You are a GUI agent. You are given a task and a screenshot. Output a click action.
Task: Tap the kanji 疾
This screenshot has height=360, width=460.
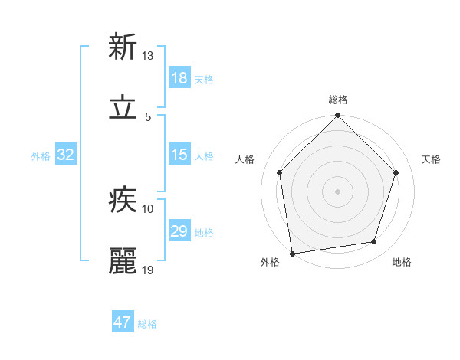[x=123, y=200]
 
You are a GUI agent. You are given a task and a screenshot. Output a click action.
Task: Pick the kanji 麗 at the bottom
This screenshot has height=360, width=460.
[x=123, y=261]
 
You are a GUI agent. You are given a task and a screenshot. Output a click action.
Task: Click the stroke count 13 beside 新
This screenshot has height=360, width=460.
[x=148, y=56]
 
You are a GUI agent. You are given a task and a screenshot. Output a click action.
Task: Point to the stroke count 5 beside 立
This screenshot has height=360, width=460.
[x=148, y=117]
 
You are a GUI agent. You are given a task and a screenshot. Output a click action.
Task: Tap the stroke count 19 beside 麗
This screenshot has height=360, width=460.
[x=148, y=270]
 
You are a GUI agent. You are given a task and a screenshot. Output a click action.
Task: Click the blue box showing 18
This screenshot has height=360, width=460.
[x=179, y=78]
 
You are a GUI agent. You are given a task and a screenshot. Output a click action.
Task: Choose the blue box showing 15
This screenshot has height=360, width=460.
[x=179, y=155]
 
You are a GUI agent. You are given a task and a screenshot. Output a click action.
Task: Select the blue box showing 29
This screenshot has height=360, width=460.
[x=179, y=231]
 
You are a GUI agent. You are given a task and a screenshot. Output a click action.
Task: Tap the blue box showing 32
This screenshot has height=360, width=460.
[x=66, y=155]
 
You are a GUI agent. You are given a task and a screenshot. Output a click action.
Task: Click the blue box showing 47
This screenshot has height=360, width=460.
[x=123, y=322]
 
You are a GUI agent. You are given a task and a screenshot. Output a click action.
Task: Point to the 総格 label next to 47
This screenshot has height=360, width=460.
[x=147, y=324]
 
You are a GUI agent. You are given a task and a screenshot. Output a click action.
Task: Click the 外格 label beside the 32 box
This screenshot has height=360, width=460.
[x=41, y=156]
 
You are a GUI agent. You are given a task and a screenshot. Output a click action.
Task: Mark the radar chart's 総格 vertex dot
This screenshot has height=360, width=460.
[x=337, y=116]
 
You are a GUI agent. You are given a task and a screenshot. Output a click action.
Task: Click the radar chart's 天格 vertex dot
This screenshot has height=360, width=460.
[x=396, y=172]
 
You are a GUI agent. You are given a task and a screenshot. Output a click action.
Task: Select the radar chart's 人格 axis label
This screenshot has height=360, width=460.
[x=245, y=160]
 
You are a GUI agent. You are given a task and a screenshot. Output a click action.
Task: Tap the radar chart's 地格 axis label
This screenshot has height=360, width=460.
[x=402, y=263]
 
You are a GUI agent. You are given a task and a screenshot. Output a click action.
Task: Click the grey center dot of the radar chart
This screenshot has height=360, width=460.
[x=337, y=191]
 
